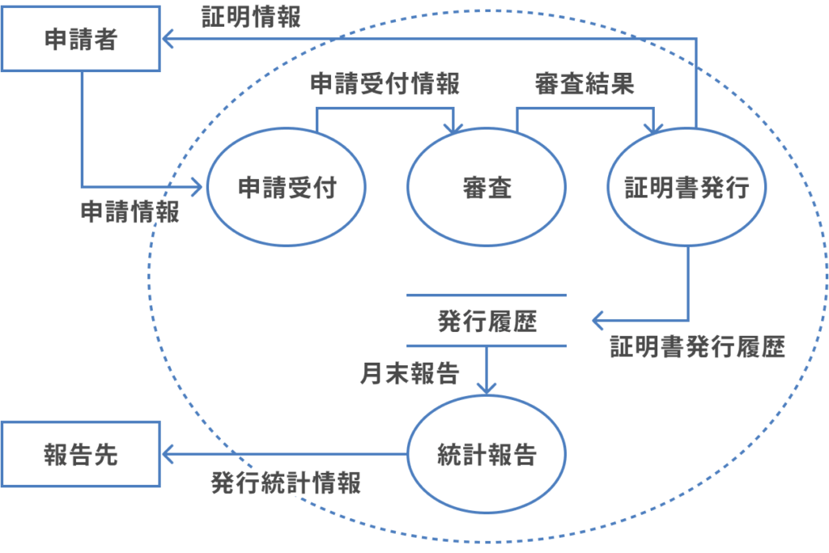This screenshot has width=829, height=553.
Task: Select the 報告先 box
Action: [80, 454]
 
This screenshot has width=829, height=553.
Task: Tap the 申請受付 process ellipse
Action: [286, 189]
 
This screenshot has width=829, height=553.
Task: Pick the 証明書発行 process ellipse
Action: [687, 189]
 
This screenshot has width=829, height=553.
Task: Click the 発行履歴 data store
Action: [486, 321]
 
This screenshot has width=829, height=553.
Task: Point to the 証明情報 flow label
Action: [251, 18]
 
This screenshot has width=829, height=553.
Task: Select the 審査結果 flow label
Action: [584, 83]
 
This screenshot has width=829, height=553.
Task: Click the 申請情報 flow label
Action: [130, 212]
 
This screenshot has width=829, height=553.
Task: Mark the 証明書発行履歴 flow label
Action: [697, 348]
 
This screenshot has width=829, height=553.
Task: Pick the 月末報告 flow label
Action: [410, 372]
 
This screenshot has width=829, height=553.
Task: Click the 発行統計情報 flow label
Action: [286, 483]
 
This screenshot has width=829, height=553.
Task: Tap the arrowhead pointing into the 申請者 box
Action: [168, 38]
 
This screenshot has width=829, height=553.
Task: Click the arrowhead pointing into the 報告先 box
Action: [168, 454]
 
